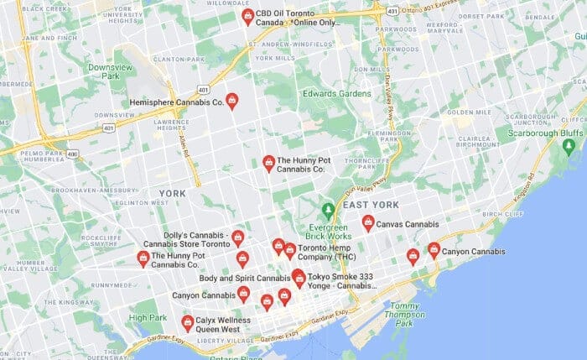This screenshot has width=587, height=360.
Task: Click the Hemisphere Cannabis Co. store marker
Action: coord(232,102)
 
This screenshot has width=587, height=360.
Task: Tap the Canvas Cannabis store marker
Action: coord(368,222)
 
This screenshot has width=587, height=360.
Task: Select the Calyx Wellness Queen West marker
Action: coord(188,322)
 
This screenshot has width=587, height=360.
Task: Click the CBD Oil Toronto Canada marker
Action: coord(247,17)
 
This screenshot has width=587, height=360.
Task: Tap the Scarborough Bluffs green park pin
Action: coord(569,147)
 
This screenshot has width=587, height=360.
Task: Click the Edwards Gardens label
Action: coord(336,93)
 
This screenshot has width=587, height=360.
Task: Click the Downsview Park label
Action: coord(105,70)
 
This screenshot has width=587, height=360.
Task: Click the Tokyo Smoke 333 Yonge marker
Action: coord(299,279)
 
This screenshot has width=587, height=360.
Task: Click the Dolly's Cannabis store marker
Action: coord(238,238)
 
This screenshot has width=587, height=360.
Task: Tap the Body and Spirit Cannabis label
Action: coord(244,278)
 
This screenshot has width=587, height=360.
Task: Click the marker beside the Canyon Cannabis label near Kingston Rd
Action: coord(434,250)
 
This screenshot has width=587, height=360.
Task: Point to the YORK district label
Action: coord(172,193)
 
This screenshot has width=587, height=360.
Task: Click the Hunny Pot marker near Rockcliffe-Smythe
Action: coord(143,258)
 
